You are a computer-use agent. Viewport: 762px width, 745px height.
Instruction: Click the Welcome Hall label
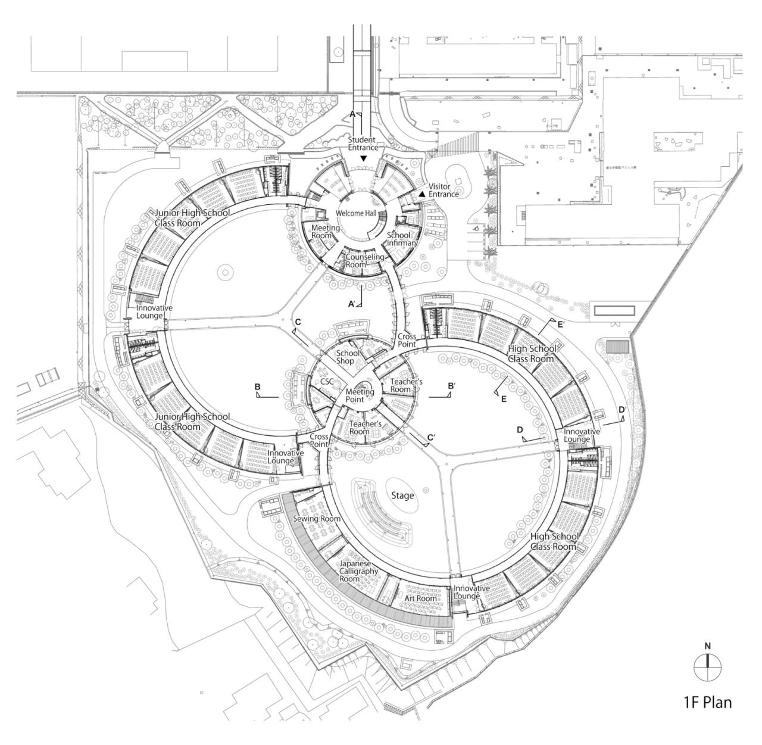[354, 213]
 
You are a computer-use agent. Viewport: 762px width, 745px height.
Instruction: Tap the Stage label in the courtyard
[402, 495]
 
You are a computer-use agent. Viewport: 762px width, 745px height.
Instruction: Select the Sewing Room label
[317, 519]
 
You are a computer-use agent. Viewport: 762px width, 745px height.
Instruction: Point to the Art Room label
[422, 599]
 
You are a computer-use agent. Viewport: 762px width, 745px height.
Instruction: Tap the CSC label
[327, 381]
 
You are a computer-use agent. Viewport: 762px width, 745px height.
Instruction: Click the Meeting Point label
[360, 395]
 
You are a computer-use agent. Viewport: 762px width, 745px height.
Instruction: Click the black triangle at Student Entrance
[363, 158]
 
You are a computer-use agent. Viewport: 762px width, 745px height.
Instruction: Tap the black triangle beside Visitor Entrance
[422, 194]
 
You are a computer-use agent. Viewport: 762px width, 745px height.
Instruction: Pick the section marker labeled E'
[560, 325]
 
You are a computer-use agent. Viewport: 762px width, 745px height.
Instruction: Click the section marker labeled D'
[622, 410]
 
